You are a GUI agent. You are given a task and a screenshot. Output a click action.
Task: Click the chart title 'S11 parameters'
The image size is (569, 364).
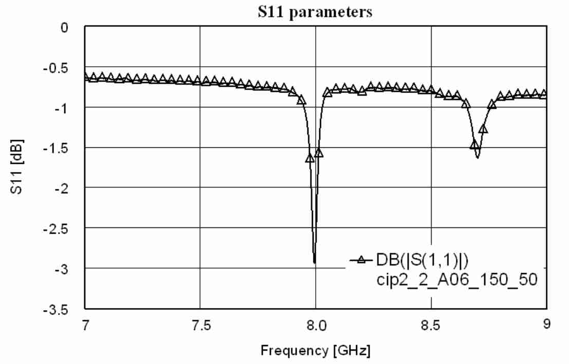tap(315, 12)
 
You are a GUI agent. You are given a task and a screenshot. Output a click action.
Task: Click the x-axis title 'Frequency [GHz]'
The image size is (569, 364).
tap(315, 352)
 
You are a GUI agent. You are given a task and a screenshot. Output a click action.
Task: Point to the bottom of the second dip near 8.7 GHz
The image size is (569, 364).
tap(478, 158)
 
